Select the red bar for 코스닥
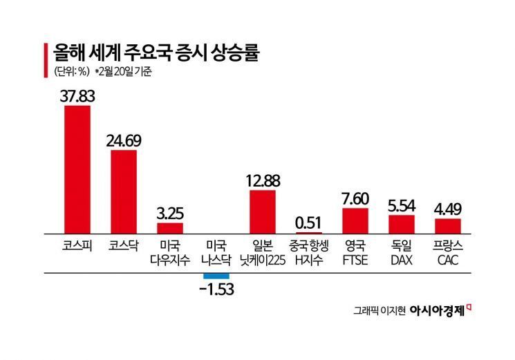123,192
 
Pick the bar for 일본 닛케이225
262,212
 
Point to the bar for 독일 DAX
401,225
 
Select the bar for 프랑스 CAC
447,227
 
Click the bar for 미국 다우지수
169,229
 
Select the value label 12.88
262,181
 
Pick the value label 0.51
308,222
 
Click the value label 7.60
355,198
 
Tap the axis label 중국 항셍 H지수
308,253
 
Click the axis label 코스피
77,246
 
